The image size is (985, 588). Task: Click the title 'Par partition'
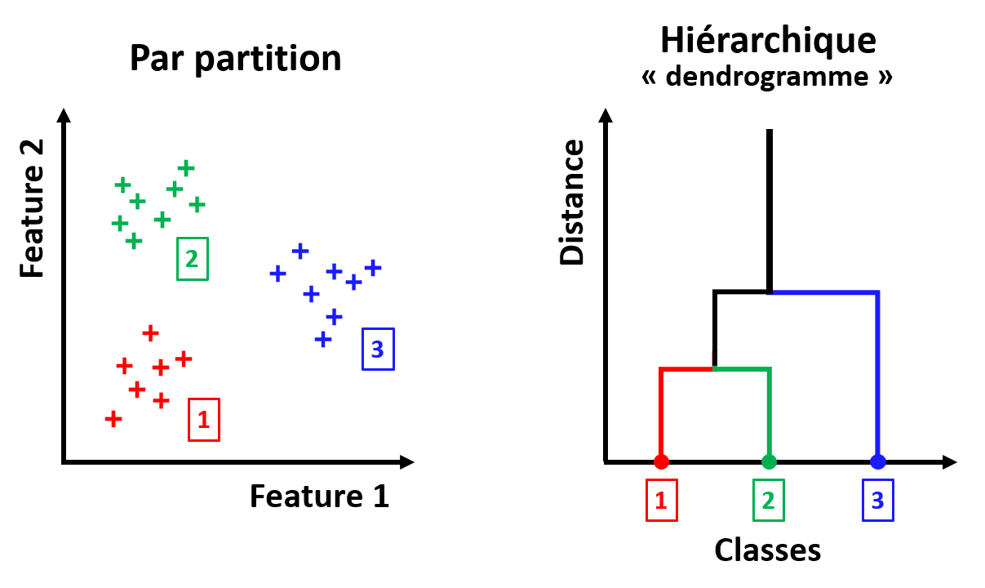[235, 60]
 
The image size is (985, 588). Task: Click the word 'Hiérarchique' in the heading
[768, 40]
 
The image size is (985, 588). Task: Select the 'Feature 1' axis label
[319, 496]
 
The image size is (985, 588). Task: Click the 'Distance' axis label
[574, 202]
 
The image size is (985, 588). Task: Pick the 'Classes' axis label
[767, 550]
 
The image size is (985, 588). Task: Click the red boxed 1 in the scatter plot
[204, 420]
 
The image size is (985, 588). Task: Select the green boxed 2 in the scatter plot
[193, 258]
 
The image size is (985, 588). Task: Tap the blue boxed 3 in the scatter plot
[377, 349]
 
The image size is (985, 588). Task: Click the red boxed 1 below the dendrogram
[661, 500]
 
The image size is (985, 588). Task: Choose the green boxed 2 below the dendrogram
[768, 500]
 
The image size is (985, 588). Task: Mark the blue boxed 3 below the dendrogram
[878, 500]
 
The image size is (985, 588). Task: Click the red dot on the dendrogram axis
[661, 461]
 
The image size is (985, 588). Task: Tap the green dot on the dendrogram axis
[768, 461]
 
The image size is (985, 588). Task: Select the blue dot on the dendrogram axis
[878, 461]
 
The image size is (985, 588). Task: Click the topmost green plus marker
[186, 168]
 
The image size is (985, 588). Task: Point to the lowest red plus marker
[113, 420]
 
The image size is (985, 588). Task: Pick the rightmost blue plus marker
[373, 267]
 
